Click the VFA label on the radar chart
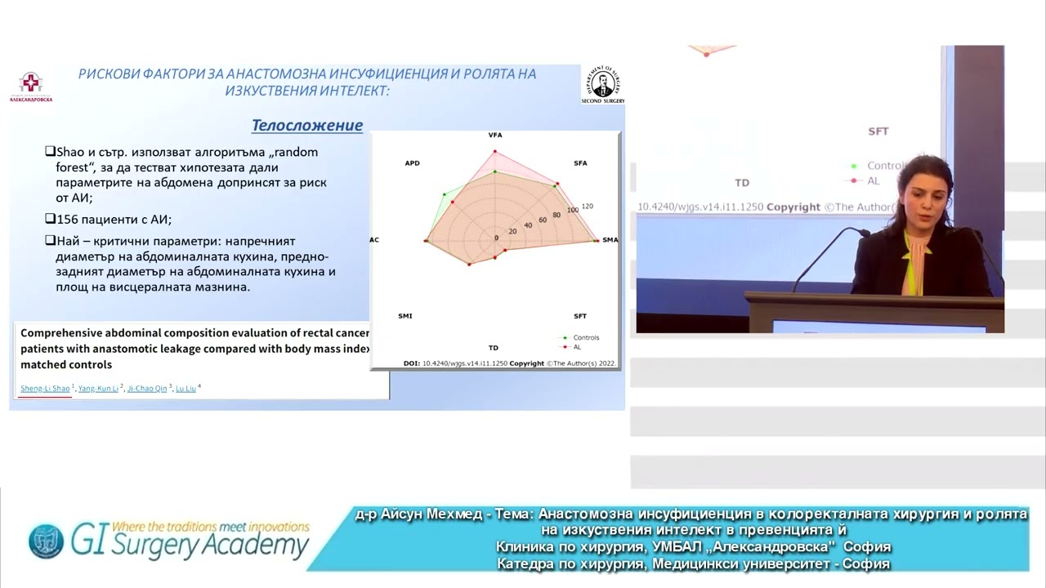495,135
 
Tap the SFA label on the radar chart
580,163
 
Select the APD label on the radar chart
412,163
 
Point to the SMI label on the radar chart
405,316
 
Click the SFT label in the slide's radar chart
580,316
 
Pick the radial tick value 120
587,206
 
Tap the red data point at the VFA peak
495,151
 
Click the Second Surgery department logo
603,84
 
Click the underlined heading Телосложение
306,125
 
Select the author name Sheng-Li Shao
45,389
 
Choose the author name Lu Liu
186,389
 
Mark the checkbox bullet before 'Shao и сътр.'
50,152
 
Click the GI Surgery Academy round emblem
46,541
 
